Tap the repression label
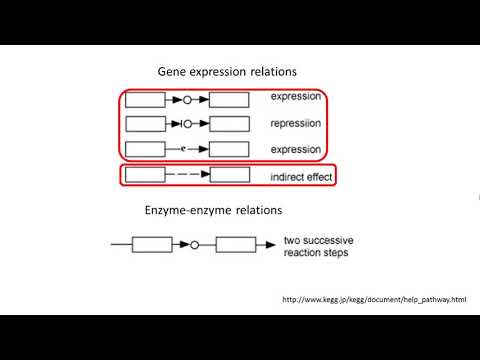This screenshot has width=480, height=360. point(296,124)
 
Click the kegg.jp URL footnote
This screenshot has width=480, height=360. point(374,299)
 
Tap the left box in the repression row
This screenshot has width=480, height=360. point(145,124)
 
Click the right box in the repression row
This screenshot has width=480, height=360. point(229,124)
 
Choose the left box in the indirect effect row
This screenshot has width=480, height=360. point(145,175)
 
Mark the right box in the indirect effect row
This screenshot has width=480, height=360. point(229,175)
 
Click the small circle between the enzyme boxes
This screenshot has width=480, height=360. point(195,244)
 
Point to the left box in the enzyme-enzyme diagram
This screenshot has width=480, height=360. point(153,244)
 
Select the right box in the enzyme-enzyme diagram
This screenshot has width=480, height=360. point(237,244)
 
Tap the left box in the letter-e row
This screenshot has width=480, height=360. point(145,150)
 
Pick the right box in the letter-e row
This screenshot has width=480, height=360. point(229,150)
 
